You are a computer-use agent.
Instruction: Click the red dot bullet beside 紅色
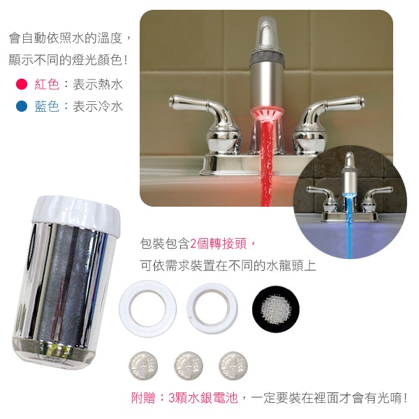22,84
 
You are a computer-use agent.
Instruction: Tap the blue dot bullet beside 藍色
22,106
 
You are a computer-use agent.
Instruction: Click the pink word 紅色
47,84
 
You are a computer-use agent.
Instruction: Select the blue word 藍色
47,106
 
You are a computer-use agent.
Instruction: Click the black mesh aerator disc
276,309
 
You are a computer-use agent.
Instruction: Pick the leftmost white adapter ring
126,309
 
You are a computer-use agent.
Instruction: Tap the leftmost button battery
143,366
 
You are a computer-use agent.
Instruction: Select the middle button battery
188,366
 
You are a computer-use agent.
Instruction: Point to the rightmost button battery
233,366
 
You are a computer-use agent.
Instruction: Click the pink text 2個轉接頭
219,244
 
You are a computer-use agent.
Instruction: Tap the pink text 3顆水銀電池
203,398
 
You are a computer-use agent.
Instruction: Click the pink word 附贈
143,398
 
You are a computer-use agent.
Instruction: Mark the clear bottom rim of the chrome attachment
54,353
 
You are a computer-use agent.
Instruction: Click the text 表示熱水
98,84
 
